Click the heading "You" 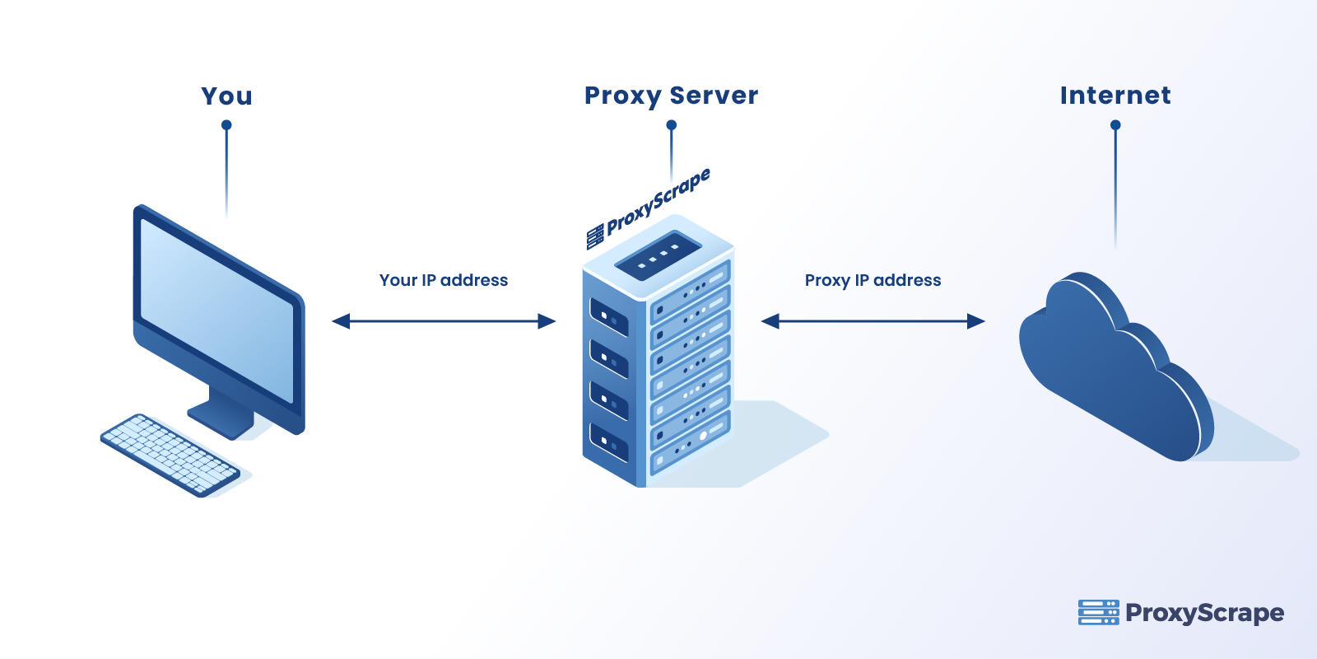coord(226,96)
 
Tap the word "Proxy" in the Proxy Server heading coord(622,96)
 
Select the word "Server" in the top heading coord(714,96)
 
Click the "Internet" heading coord(1115,96)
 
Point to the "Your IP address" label coord(444,280)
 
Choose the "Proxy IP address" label coord(873,280)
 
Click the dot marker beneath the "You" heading coord(226,125)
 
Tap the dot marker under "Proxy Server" coord(672,125)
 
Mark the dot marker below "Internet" coord(1115,125)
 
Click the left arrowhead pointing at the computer coord(340,321)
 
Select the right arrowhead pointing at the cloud coord(977,321)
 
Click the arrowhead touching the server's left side coord(547,321)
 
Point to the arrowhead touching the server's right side coord(770,321)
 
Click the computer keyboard coord(170,455)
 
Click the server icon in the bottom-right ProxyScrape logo coord(1098,612)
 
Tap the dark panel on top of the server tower coord(658,255)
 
